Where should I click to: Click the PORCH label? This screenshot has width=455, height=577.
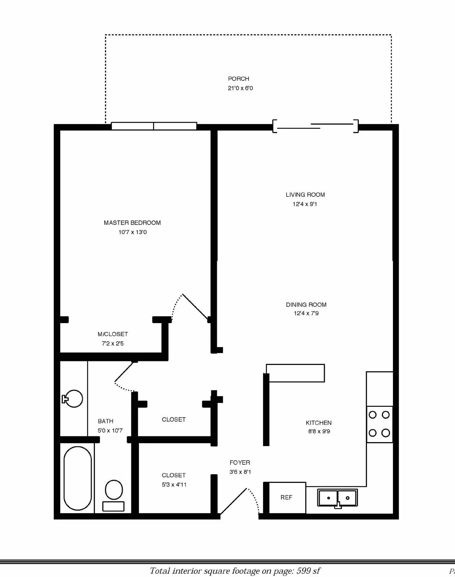pyautogui.click(x=239, y=79)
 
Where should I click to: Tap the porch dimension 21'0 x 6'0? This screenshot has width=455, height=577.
pyautogui.click(x=240, y=88)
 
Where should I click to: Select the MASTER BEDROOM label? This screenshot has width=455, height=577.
pyautogui.click(x=132, y=223)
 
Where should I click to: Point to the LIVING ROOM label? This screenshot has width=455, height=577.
pyautogui.click(x=305, y=195)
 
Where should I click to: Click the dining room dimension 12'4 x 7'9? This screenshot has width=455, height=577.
pyautogui.click(x=306, y=313)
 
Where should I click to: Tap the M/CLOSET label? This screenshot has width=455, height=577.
pyautogui.click(x=113, y=334)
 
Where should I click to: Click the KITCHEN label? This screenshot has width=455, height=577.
pyautogui.click(x=319, y=423)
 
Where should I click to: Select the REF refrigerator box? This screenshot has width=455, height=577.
pyautogui.click(x=287, y=498)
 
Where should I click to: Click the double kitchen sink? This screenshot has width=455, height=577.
pyautogui.click(x=337, y=498)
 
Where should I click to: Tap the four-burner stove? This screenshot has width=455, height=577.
pyautogui.click(x=379, y=424)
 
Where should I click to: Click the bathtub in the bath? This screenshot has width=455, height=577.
pyautogui.click(x=78, y=478)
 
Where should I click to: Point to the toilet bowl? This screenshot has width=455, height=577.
pyautogui.click(x=114, y=490)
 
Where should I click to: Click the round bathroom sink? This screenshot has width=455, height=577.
pyautogui.click(x=73, y=399)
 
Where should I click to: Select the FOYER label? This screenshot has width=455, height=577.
pyautogui.click(x=240, y=463)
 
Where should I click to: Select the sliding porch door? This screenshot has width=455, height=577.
pyautogui.click(x=315, y=126)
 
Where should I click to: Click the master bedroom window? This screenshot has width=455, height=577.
pyautogui.click(x=154, y=126)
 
